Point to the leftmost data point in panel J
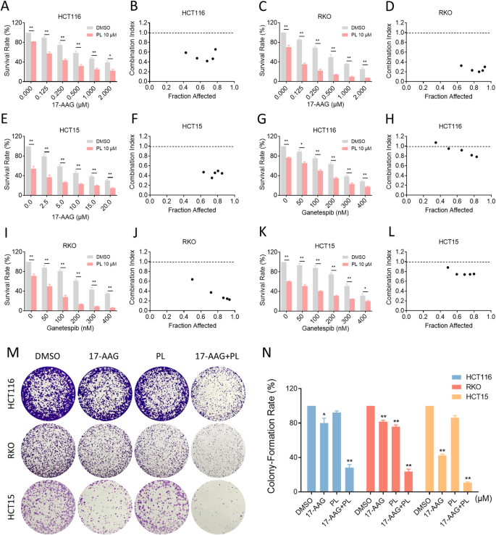192,279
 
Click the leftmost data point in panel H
436,142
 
